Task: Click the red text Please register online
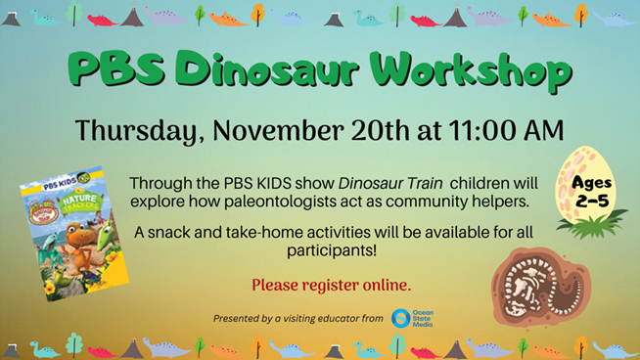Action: pyautogui.click(x=331, y=285)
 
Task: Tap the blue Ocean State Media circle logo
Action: pyautogui.click(x=400, y=318)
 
